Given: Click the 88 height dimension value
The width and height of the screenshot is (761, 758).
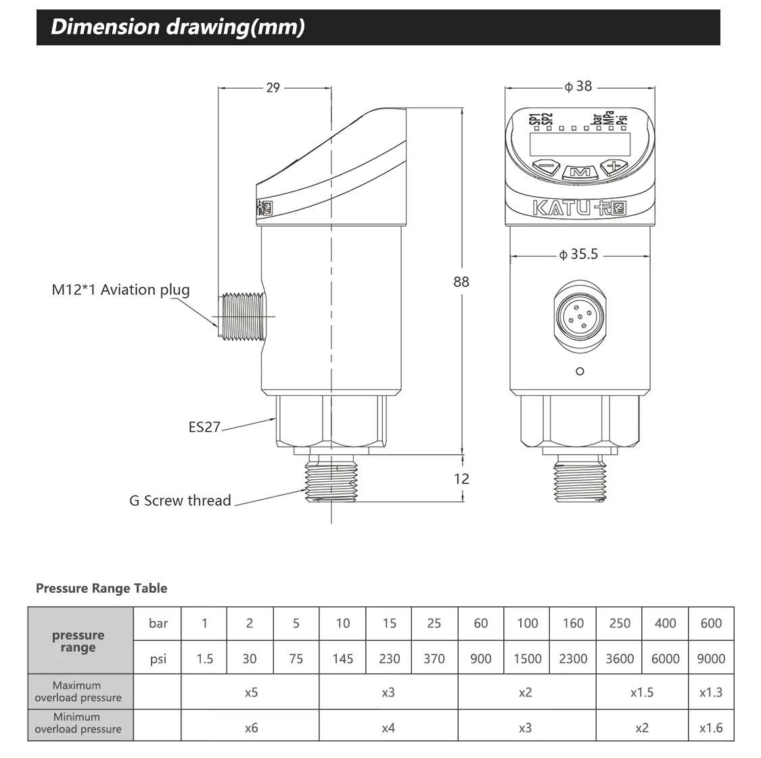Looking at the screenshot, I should pos(461,282).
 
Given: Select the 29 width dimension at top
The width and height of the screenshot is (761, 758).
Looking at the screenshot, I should pos(273,87).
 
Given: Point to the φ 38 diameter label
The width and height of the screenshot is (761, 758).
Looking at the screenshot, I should pos(578,86).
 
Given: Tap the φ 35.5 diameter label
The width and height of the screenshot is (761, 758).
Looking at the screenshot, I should pos(579,254).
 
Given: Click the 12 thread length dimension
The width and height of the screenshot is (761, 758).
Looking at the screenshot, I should pos(461,478).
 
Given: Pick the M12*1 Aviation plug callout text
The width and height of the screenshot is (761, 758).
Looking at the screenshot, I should pos(120,290).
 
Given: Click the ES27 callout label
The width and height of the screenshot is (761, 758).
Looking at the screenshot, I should pos(204,427).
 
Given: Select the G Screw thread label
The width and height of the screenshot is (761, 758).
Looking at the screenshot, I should pos(180,501).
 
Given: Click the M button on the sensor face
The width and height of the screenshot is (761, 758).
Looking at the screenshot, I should pos(580,173).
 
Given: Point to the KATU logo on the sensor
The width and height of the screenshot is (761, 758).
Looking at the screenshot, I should pos(580,208).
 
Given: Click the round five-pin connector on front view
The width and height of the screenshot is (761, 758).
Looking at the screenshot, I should pos(580,315).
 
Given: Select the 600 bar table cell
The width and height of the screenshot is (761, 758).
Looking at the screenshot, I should pos(711,623).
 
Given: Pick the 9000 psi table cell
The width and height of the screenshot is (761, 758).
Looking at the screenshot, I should pos(711,659).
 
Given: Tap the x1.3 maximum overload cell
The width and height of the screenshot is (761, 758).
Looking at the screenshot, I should pos(711,692).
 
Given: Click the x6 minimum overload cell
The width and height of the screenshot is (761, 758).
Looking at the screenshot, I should pos(251,728).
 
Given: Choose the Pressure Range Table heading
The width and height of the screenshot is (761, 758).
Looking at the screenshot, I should pos(101,588).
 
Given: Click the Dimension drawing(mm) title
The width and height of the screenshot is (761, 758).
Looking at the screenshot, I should pos(178,27).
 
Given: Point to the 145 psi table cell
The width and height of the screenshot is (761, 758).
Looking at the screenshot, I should pos(343,659).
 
